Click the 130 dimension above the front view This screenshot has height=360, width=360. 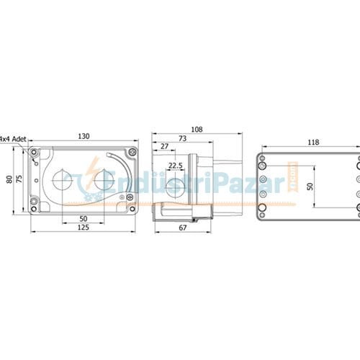tap(84, 136)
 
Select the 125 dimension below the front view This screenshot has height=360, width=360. tap(84, 227)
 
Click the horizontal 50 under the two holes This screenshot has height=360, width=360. tap(84, 217)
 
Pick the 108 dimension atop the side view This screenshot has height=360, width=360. tap(197, 130)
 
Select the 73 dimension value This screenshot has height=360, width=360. tap(182, 138)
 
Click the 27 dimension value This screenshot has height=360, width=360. tap(165, 147)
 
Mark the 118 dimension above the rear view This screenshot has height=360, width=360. tap(313, 143)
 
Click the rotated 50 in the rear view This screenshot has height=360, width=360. tap(310, 186)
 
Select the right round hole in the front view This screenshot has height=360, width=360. tap(105, 181)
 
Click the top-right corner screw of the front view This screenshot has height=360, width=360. tap(132, 153)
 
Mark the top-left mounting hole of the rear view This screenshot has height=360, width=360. tap(263, 158)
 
